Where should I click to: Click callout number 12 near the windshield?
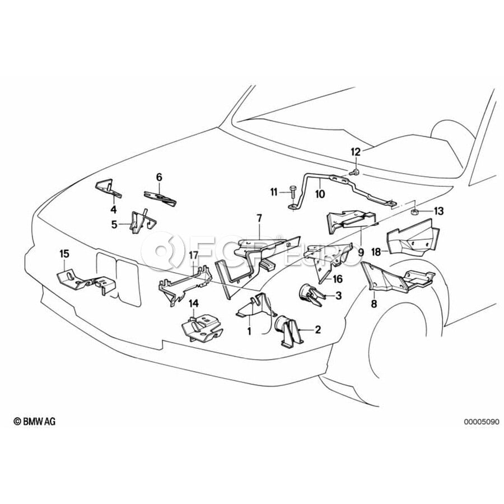[x=357, y=152]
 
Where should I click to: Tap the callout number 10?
[x=320, y=194]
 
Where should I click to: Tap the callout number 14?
[x=193, y=304]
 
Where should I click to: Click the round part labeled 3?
[x=307, y=293]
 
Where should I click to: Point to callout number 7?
[x=259, y=216]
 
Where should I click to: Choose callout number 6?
[x=159, y=178]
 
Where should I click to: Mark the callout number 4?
[x=114, y=210]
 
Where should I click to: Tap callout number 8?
[x=374, y=304]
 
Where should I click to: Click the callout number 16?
[x=338, y=278]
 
